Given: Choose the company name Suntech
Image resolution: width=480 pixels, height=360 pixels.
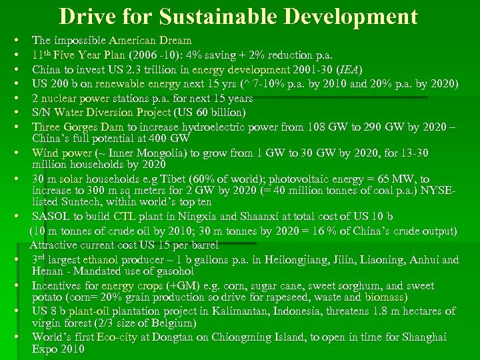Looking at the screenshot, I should pyautogui.click(x=84, y=201).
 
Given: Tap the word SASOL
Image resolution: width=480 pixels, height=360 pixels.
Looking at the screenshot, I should pyautogui.click(x=52, y=217).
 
